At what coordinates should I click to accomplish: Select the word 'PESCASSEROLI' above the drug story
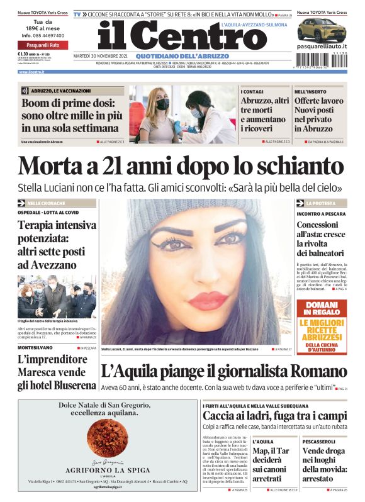318,442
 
